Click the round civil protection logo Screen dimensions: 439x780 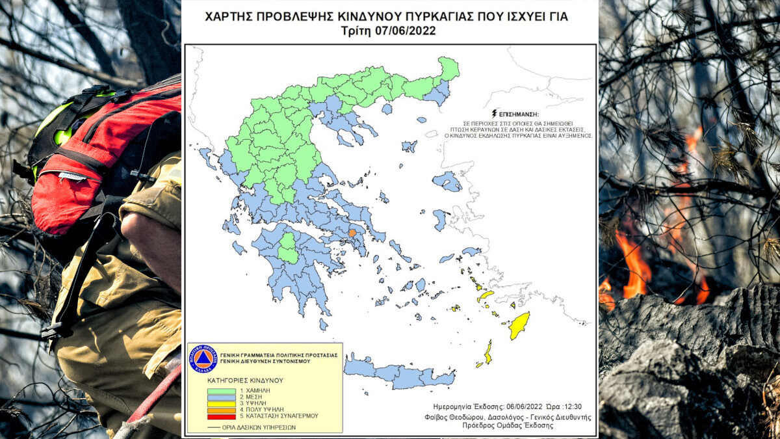click(202, 359)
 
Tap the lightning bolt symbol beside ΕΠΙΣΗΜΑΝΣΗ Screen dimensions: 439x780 click(497, 113)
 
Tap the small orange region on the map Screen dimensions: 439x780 click(352, 232)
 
